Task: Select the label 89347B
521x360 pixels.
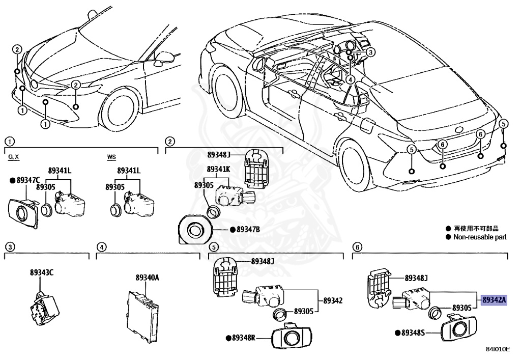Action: point(248,230)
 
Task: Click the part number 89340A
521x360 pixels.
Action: point(147,278)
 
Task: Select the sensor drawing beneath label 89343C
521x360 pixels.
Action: point(43,305)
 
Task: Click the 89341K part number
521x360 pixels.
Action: point(219,169)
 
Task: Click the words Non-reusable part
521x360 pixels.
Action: point(480,237)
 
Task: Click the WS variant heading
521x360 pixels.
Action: point(111,157)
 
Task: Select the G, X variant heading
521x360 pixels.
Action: point(14,157)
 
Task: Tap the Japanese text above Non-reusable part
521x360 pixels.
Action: point(473,229)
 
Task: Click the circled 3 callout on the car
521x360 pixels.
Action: point(371,51)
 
